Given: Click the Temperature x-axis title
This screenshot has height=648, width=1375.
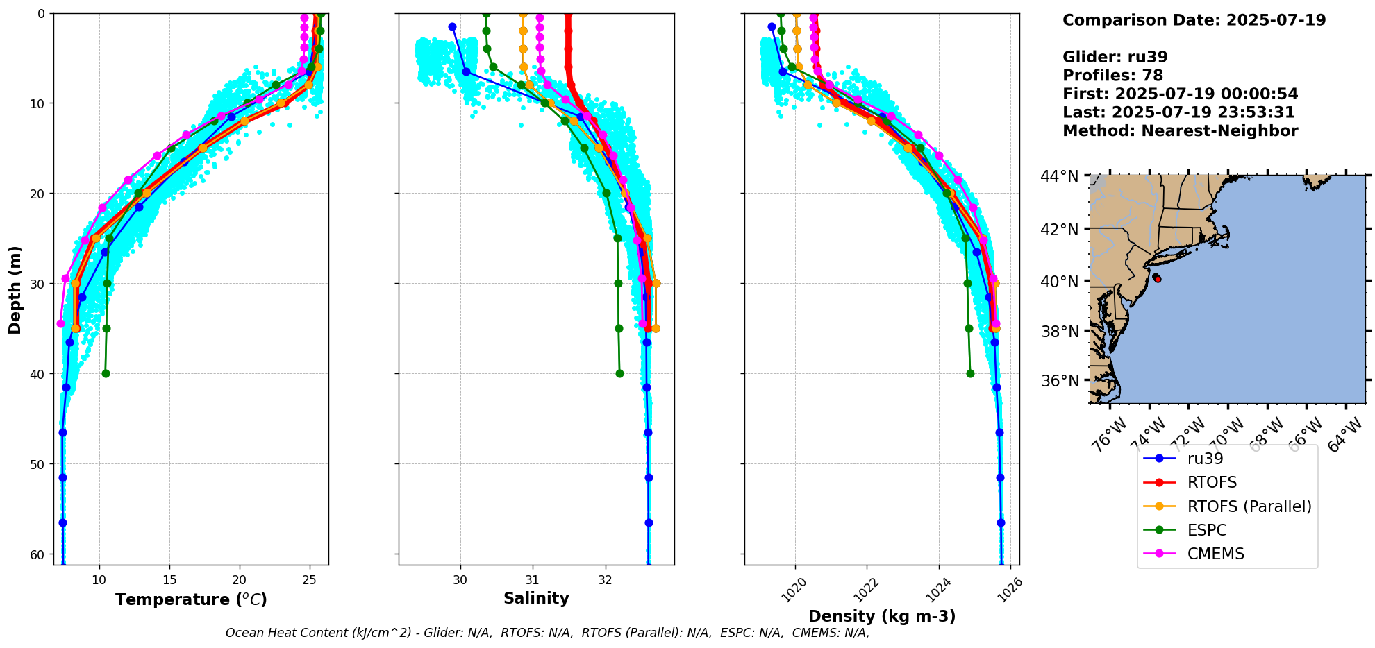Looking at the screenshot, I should click(x=191, y=599).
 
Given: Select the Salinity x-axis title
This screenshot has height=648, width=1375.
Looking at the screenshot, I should click(x=536, y=598).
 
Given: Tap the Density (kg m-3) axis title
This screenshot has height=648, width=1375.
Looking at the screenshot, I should click(x=882, y=616).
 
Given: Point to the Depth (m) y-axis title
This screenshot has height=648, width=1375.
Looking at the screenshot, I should click(x=15, y=290).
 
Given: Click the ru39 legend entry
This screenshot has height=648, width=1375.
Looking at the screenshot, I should click(x=1205, y=459).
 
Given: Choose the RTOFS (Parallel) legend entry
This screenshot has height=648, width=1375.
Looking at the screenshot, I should click(x=1249, y=506).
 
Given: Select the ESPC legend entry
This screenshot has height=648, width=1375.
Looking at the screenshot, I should click(x=1207, y=530).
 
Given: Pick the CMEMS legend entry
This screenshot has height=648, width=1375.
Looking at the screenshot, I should click(x=1215, y=554).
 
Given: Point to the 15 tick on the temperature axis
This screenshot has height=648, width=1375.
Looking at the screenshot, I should click(x=169, y=579).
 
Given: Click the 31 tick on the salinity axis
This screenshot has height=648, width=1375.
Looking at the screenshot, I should click(x=533, y=579).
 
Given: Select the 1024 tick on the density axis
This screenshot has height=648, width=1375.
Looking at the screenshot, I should click(x=938, y=589).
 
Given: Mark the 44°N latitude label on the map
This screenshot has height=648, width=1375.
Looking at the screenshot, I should click(x=1060, y=176).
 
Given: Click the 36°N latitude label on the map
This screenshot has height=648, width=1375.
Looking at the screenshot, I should click(x=1060, y=381).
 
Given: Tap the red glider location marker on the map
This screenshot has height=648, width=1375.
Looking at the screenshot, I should click(x=1157, y=278).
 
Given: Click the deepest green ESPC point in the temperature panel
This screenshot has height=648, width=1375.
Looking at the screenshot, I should click(x=106, y=373).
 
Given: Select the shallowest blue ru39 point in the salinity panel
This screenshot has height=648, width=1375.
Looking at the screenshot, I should click(x=452, y=26).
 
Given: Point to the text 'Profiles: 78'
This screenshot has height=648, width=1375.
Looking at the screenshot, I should click(x=1112, y=76).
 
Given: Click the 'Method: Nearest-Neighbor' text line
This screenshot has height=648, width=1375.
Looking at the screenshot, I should click(x=1180, y=131).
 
